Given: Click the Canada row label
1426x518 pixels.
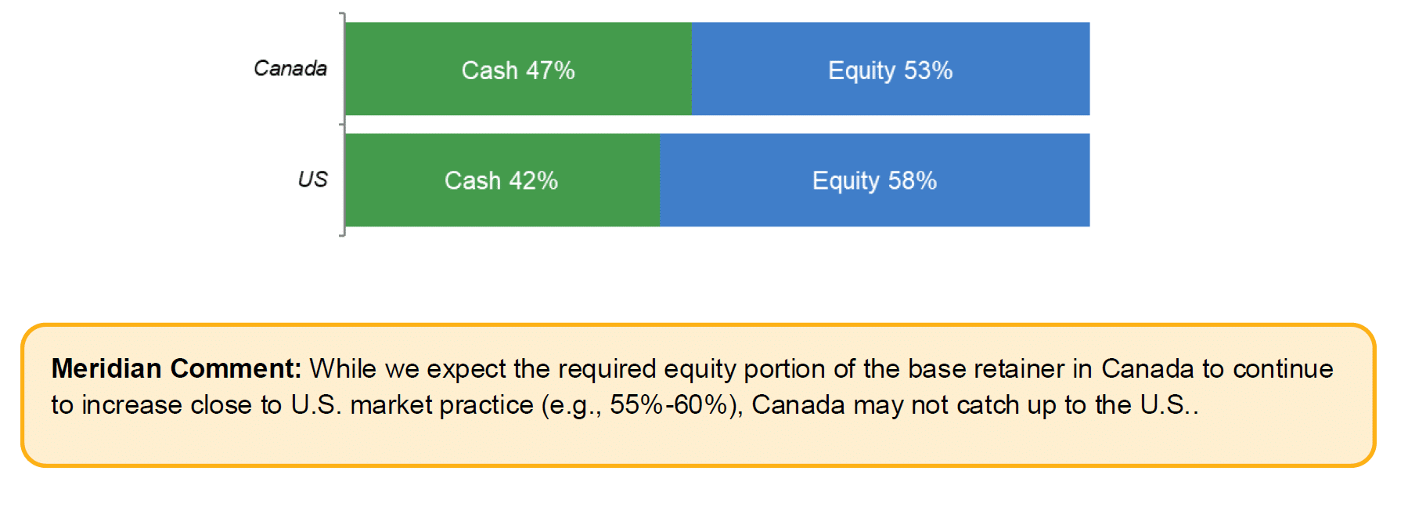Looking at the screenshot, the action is tap(290, 69).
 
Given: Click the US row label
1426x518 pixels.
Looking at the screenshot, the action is tap(312, 179).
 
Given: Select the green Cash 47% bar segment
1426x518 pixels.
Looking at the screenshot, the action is tap(518, 69).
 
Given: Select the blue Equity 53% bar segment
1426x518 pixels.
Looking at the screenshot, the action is tap(891, 69).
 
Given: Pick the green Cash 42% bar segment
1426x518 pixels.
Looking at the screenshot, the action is tap(502, 180).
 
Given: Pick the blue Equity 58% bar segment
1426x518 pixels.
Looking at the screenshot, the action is tap(875, 180).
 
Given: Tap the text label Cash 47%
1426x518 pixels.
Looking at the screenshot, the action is tap(518, 71).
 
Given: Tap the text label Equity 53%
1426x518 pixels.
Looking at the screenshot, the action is tap(891, 71).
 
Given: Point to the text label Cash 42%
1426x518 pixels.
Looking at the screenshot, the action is tap(501, 181).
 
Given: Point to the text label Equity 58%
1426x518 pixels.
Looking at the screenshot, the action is tap(874, 182).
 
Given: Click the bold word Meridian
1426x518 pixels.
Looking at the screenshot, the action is tap(106, 368).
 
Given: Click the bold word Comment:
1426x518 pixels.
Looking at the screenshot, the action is tap(236, 368).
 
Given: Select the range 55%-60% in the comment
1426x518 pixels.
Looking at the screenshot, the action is tap(668, 405).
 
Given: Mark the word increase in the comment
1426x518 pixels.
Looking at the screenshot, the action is tap(132, 405).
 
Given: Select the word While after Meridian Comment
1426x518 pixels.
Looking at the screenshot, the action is tap(342, 368).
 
